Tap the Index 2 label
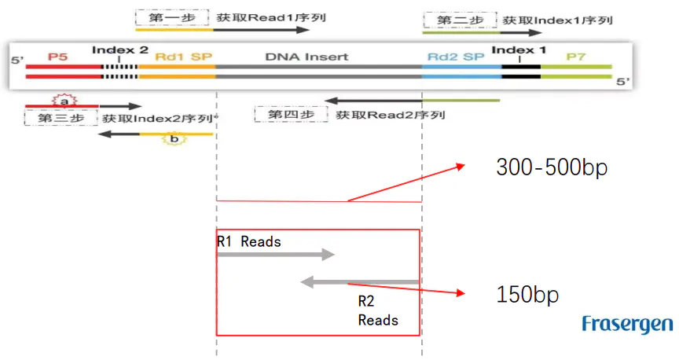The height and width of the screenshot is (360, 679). tap(119, 50)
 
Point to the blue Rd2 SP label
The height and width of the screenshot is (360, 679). tap(456, 57)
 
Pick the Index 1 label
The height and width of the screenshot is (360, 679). tap(519, 50)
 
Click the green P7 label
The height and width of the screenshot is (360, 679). tap(576, 57)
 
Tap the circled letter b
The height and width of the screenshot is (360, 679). tap(174, 139)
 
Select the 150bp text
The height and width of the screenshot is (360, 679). tap(527, 295)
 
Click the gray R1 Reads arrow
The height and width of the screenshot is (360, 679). tap(276, 254)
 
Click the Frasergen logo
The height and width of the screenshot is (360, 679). tap(627, 324)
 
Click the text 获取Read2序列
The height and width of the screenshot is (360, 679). tap(391, 115)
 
